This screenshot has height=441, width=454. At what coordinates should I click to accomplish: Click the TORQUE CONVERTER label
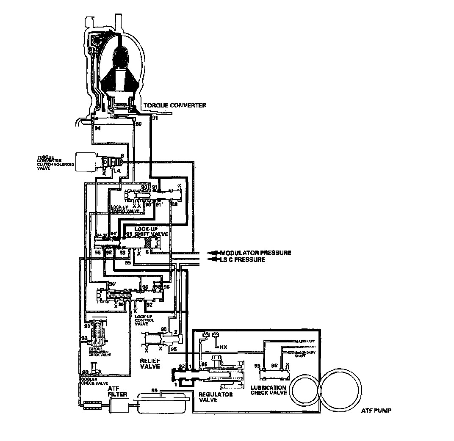tap(175, 105)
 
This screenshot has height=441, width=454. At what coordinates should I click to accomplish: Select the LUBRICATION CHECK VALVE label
tap(269, 390)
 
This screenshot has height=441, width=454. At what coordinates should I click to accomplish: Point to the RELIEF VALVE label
tap(150, 363)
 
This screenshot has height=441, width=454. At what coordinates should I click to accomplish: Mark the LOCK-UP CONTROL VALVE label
tap(145, 321)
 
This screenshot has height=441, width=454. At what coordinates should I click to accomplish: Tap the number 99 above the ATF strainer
tap(154, 390)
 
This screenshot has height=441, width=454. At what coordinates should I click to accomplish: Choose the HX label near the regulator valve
tap(223, 347)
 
